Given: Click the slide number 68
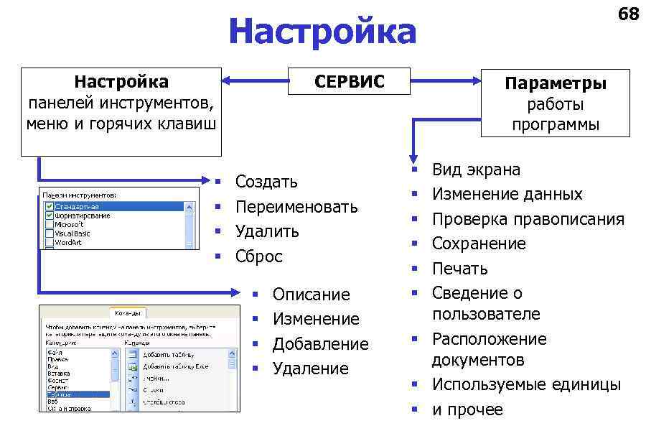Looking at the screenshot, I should pos(628,14).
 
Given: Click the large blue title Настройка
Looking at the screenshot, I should pos(322,32).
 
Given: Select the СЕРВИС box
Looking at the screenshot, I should pos(349,81).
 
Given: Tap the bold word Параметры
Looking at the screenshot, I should pos(556,83).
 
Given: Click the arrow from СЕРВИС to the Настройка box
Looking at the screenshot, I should pos(255,80).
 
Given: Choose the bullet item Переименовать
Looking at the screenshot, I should pos(296,207).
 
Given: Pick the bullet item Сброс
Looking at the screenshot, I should pos(259,256).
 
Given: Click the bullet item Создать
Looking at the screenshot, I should pos(266,182).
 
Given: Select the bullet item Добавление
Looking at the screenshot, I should pos(320,344).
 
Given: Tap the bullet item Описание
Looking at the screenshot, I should pos(311,295).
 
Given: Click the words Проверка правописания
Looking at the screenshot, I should pos(528,219).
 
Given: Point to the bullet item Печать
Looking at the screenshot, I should pos(459,269).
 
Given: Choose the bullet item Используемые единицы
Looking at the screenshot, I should pos(526,384).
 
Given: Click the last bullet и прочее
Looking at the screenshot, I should pos(467,409).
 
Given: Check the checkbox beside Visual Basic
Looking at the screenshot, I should pos(49,233).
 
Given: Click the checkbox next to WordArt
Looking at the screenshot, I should pos(49,243).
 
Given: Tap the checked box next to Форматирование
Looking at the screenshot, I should pos(49,215).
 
